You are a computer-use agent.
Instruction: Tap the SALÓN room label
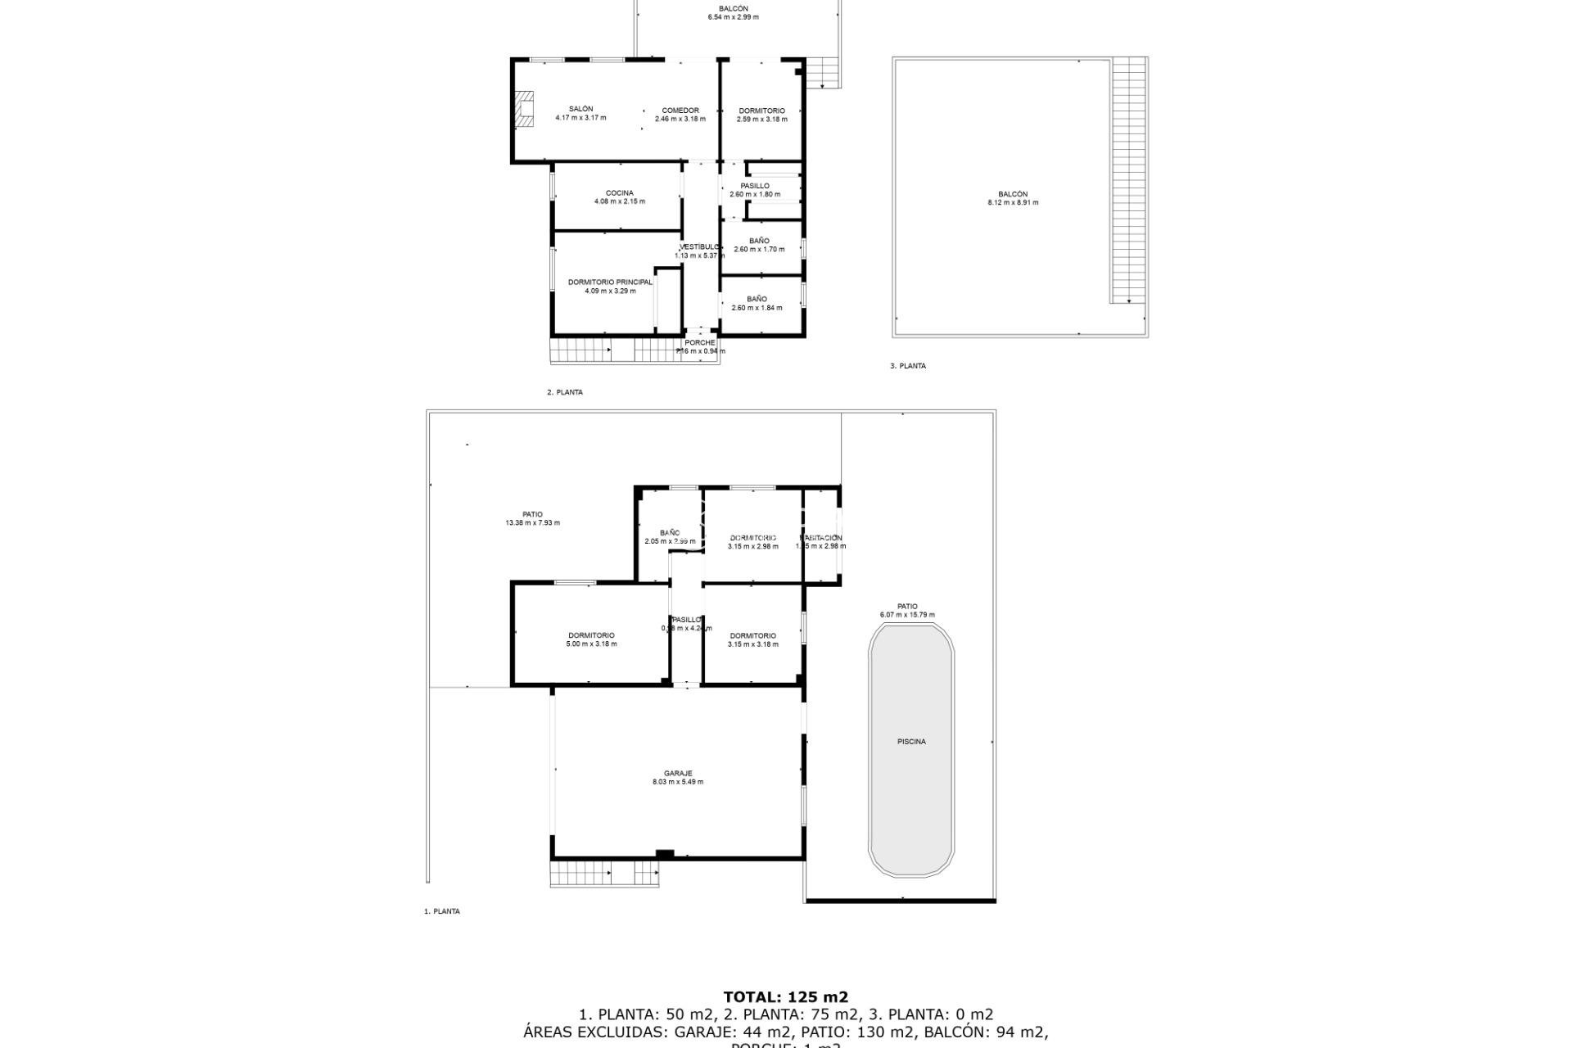click(580, 109)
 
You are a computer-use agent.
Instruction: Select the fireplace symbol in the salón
click(523, 109)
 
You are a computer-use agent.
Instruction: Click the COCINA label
click(619, 193)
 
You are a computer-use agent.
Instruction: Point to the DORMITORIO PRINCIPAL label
click(610, 282)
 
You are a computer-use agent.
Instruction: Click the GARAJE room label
click(678, 773)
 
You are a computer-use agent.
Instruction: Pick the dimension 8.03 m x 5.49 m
click(678, 782)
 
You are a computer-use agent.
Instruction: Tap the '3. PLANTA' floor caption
click(908, 366)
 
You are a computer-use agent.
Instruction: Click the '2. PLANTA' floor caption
click(565, 392)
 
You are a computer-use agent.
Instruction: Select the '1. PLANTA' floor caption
click(442, 911)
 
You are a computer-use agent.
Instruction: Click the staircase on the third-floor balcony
click(1129, 180)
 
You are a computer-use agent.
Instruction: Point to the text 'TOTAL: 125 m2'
click(785, 997)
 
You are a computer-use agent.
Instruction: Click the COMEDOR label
click(680, 111)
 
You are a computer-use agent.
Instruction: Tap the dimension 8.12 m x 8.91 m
click(1013, 203)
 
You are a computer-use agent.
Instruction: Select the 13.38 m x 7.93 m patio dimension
click(532, 523)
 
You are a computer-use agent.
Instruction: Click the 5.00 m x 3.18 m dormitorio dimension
click(591, 644)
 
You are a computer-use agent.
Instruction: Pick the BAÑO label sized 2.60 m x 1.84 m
click(757, 300)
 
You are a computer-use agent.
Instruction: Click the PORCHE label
click(700, 343)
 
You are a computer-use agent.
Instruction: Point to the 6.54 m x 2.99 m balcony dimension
click(733, 17)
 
